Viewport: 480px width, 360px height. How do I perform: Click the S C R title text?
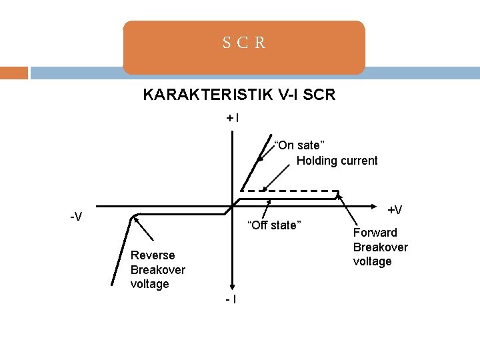tap(244, 43)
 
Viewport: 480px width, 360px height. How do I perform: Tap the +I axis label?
tap(233, 119)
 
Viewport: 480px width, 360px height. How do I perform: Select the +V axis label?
tap(395, 210)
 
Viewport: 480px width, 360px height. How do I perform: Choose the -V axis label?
tap(77, 217)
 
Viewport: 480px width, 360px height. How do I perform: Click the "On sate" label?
tap(299, 145)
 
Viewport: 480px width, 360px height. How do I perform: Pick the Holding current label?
tap(337, 161)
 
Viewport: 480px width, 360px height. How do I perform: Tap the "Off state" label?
tap(275, 225)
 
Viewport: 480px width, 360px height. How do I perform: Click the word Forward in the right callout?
tap(375, 233)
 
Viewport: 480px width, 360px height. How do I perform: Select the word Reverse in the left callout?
tap(153, 255)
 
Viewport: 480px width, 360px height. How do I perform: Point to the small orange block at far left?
tap(13, 73)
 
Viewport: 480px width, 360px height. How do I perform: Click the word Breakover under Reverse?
tap(158, 270)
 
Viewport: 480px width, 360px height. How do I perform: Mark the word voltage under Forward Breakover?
tap(372, 261)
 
